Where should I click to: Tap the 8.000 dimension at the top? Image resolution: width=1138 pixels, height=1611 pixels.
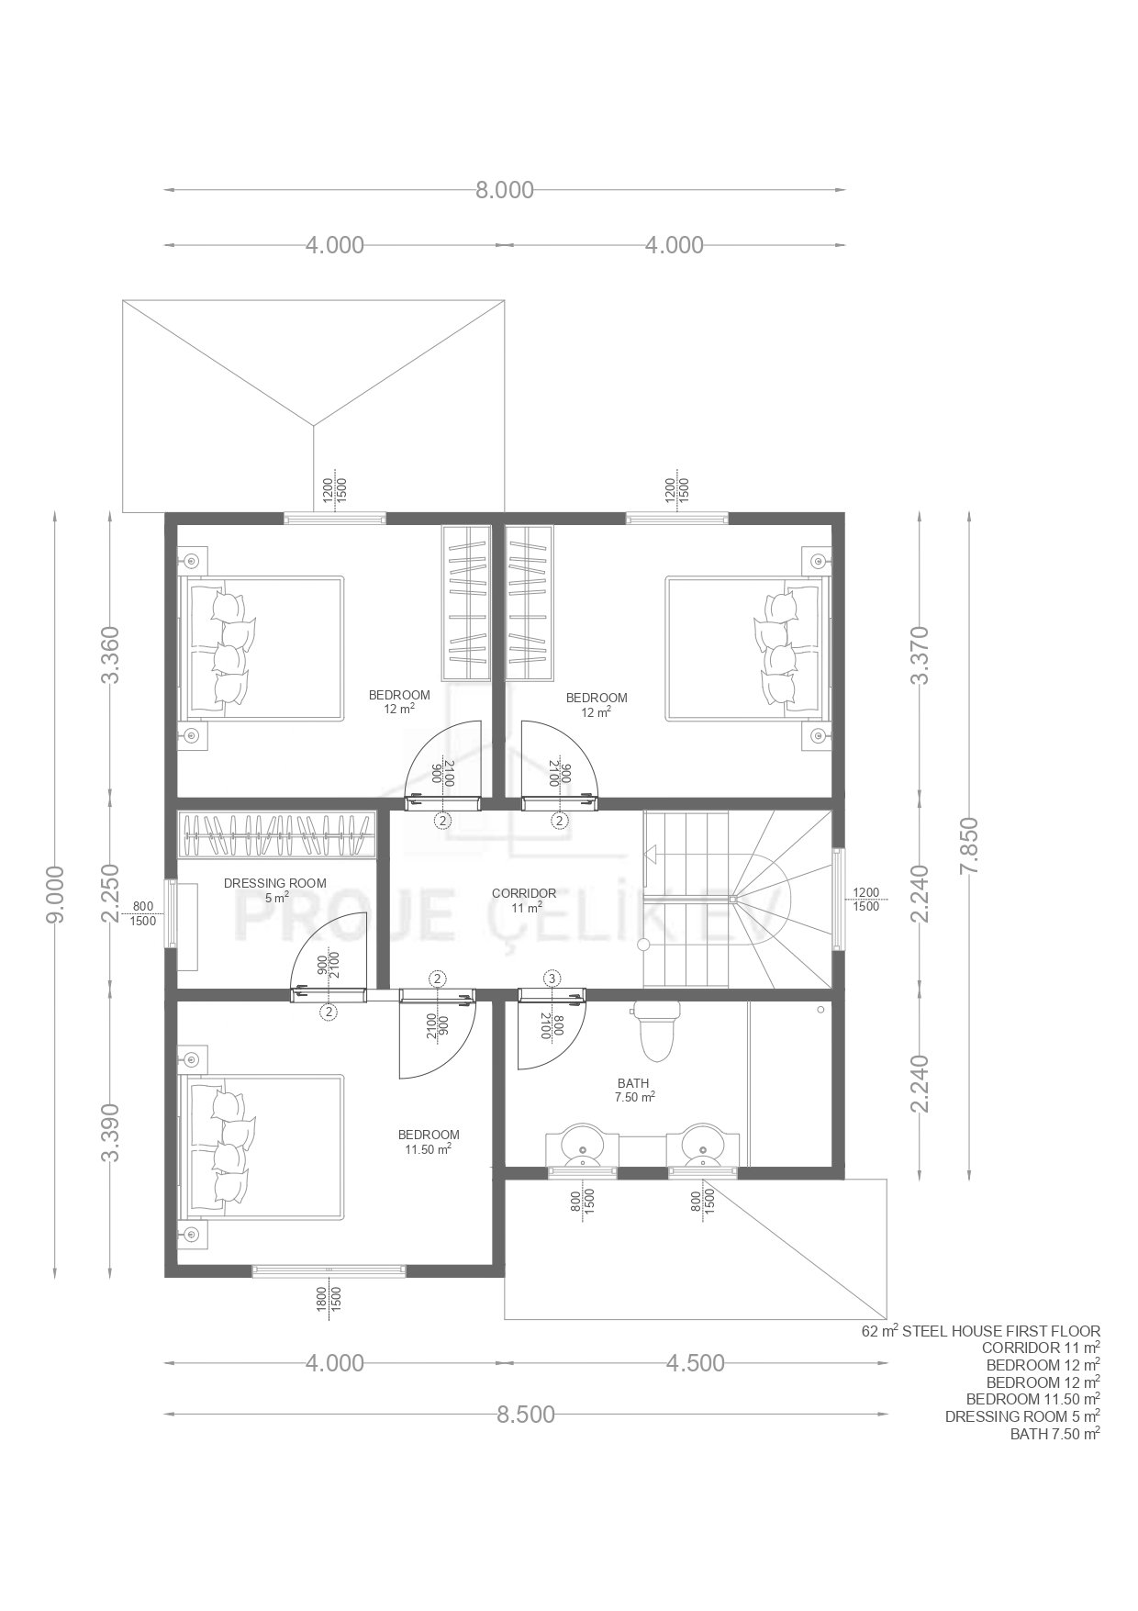[x=504, y=190]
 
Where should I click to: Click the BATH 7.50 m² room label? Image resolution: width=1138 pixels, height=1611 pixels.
[x=634, y=1091]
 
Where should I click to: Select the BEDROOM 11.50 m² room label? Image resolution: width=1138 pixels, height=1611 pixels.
[x=429, y=1141]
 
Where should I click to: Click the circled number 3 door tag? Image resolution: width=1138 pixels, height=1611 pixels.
[x=552, y=979]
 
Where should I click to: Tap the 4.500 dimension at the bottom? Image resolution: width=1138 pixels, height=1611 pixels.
[x=695, y=1363]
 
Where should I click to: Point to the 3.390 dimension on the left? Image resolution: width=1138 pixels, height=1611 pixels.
[x=111, y=1131]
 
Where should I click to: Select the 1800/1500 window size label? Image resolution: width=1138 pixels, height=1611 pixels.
[x=329, y=1297]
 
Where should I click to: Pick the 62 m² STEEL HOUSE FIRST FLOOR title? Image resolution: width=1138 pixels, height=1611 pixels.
[x=980, y=1331]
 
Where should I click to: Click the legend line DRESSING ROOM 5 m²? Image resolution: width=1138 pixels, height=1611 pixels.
[x=1023, y=1416]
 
